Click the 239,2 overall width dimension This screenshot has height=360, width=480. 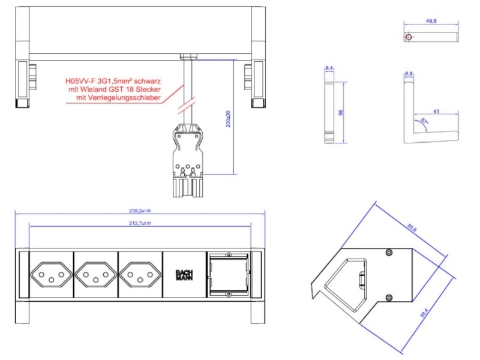pyautogui.click(x=140, y=211)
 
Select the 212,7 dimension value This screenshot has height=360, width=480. pyautogui.click(x=140, y=223)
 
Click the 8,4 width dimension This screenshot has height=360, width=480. pyautogui.click(x=329, y=69)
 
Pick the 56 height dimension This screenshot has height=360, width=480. pyautogui.click(x=340, y=112)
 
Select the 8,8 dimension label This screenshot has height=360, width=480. pyautogui.click(x=409, y=74)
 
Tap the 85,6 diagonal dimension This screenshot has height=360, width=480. pyautogui.click(x=412, y=228)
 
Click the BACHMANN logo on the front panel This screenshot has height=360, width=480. pyautogui.click(x=184, y=275)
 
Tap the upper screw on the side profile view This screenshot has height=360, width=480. pyautogui.click(x=389, y=253)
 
